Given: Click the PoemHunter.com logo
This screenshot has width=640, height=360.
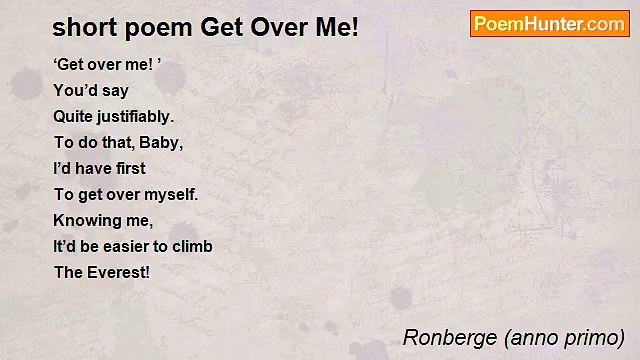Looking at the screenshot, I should [549, 24].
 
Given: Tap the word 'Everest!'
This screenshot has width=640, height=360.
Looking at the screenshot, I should [117, 272].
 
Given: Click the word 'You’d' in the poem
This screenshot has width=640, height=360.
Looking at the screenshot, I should [75, 91].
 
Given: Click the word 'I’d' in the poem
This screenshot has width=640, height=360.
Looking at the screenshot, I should [64, 169].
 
